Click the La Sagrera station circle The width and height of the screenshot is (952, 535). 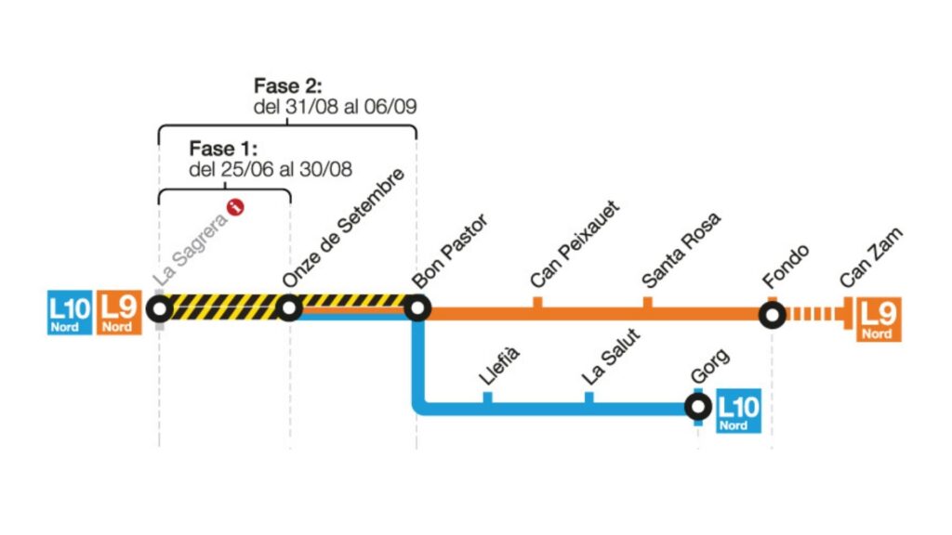point(160,308)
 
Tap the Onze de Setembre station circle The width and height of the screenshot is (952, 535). point(289,308)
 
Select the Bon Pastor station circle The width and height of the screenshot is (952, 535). point(417,308)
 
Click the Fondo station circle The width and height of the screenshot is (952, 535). point(773,315)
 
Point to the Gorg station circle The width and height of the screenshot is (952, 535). point(698,407)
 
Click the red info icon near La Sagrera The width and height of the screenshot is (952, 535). point(235,207)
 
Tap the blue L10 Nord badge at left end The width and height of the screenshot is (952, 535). point(70,312)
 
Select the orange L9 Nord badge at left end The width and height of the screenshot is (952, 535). point(120,312)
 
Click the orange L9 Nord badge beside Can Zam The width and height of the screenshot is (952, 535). point(879,320)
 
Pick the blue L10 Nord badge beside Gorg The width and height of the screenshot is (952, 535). point(738,411)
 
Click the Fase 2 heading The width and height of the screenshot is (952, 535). point(288,85)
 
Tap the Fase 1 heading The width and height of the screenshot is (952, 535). point(223,149)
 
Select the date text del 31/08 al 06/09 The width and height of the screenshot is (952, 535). point(335,107)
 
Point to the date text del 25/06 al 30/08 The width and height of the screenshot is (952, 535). point(271,169)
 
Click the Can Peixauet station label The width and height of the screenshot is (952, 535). point(575,244)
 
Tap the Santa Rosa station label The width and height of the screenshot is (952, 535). point(681,250)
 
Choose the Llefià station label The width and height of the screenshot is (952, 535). point(499,366)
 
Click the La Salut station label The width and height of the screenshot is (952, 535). point(611,357)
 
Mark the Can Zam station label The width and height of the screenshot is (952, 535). point(871,258)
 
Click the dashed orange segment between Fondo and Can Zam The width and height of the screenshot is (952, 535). point(812,314)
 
